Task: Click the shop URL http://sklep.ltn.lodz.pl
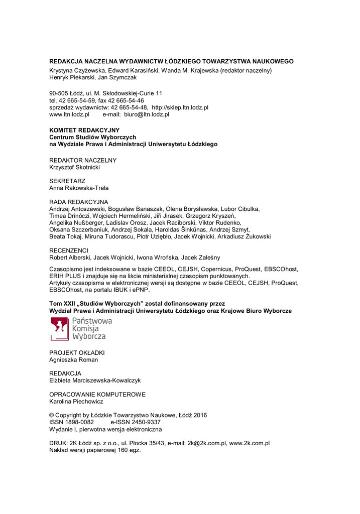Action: (180, 107)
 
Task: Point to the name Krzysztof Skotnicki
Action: (74, 167)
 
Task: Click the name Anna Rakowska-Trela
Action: (79, 188)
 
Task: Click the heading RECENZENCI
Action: (69, 250)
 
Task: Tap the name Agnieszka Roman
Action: (74, 360)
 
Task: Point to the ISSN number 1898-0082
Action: (80, 423)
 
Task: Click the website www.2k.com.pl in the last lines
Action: (250, 443)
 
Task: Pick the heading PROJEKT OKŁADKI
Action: (77, 353)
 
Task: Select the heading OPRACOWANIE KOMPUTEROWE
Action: (97, 395)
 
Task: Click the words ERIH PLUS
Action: (66, 276)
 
